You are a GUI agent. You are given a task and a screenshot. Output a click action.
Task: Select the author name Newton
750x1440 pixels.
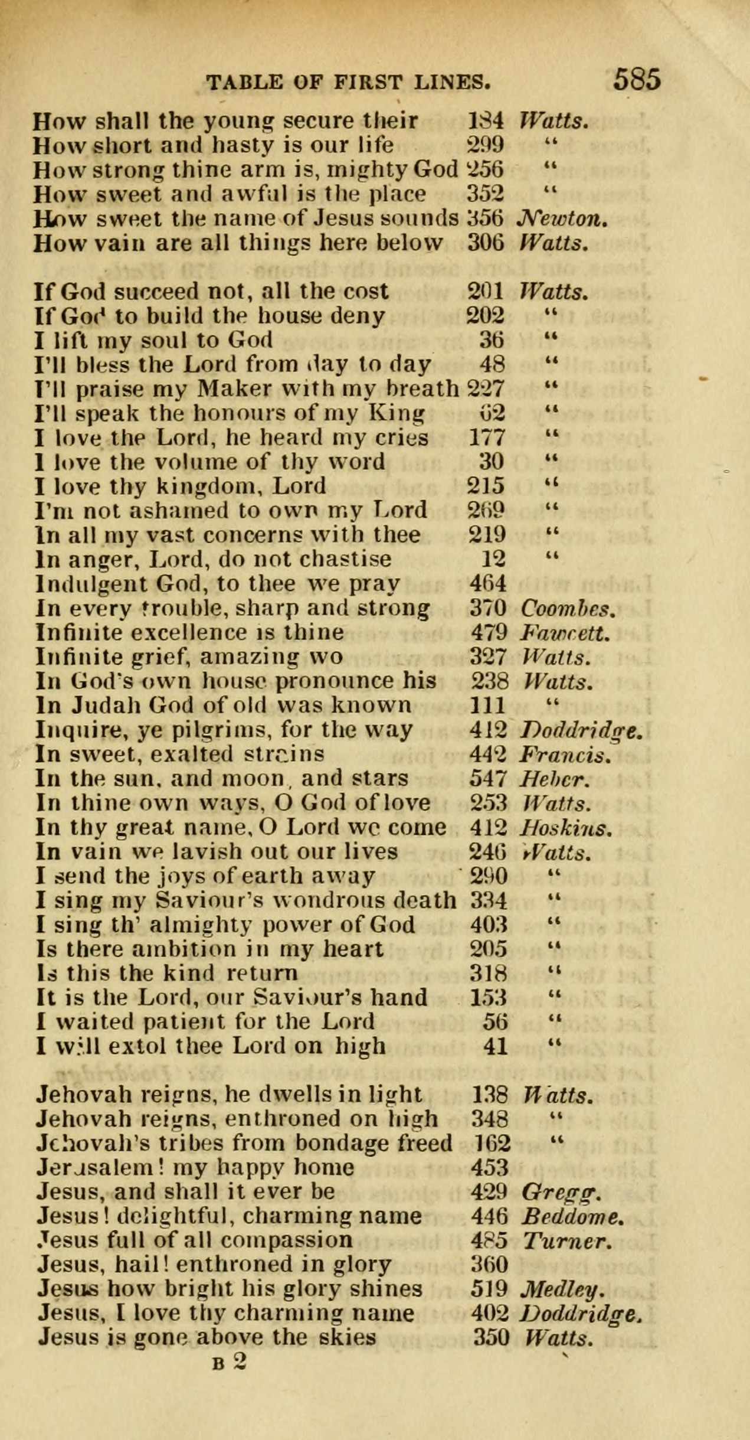tap(561, 219)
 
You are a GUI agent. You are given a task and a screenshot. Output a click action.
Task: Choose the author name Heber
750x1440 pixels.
tap(554, 779)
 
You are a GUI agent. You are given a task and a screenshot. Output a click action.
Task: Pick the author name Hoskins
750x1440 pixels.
tap(565, 828)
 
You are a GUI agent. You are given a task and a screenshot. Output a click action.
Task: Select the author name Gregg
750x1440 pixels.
tap(561, 1192)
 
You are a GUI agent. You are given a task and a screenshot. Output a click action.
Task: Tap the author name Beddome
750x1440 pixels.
tap(572, 1216)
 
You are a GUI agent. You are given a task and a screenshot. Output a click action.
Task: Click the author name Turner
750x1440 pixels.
tap(565, 1240)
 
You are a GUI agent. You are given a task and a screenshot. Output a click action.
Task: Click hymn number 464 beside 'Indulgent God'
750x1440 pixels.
tap(488, 584)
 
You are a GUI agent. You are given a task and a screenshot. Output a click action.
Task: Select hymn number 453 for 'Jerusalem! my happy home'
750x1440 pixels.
tap(490, 1167)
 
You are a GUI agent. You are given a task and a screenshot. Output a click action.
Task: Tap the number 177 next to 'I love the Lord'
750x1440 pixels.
tap(487, 438)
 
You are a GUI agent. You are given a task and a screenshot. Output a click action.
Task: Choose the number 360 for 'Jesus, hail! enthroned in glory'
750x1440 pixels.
tap(490, 1265)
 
